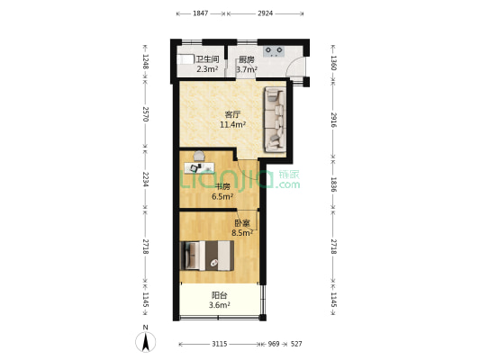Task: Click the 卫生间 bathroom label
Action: pyautogui.click(x=207, y=59)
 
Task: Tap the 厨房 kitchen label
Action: pyautogui.click(x=247, y=59)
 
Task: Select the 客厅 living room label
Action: pyautogui.click(x=232, y=114)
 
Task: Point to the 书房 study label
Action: pyautogui.click(x=222, y=186)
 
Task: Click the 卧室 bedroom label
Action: pyautogui.click(x=242, y=223)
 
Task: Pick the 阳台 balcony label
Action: pyautogui.click(x=220, y=295)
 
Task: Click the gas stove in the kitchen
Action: pyautogui.click(x=274, y=51)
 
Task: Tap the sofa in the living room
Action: pyautogui.click(x=276, y=120)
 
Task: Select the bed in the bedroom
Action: pyautogui.click(x=207, y=256)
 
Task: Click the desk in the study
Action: pyautogui.click(x=199, y=167)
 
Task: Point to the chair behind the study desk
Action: pyautogui.click(x=199, y=156)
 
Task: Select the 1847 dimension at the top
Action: pyautogui.click(x=201, y=13)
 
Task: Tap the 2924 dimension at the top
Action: pyautogui.click(x=265, y=13)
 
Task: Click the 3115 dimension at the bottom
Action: pyautogui.click(x=220, y=344)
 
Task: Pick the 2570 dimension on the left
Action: pyautogui.click(x=146, y=114)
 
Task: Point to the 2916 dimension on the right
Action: pyautogui.click(x=334, y=120)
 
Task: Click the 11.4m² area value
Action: pyautogui.click(x=232, y=124)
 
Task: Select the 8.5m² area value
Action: pyautogui.click(x=242, y=233)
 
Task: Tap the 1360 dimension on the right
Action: pyautogui.click(x=334, y=63)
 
